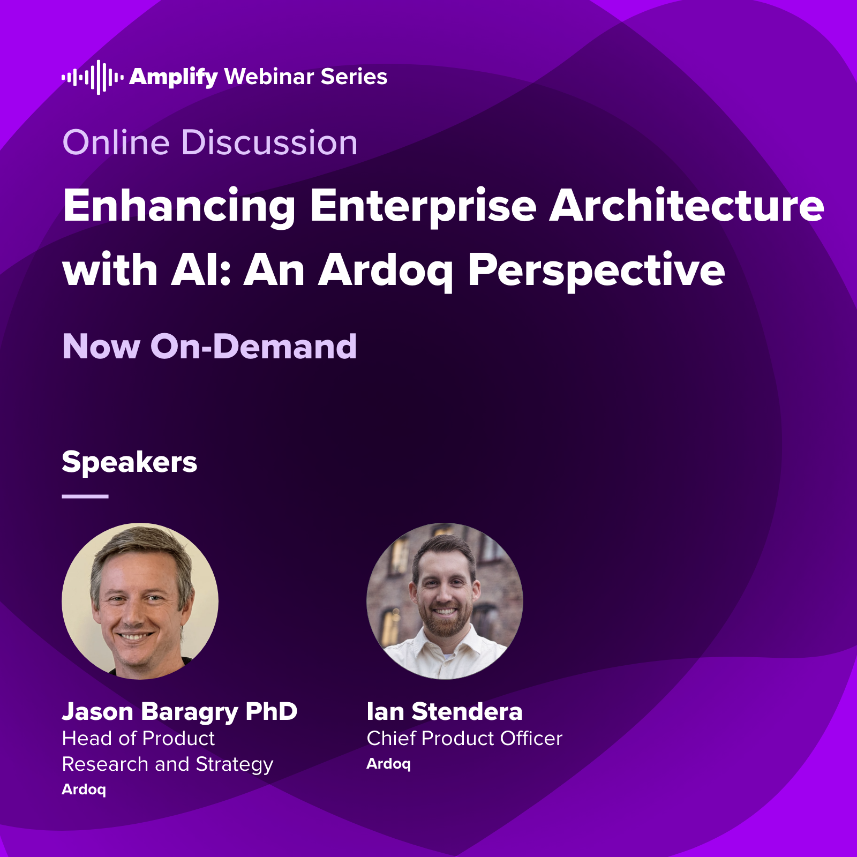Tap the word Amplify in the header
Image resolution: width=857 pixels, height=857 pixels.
pos(174,77)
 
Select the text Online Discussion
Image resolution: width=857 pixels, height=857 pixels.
pos(210,143)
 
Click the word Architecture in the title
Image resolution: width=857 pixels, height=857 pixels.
pos(687,206)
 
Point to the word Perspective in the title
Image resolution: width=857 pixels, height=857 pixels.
pos(596,270)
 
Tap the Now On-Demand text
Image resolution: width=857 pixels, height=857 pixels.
pos(209,347)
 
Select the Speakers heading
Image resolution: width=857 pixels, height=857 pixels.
pos(130,462)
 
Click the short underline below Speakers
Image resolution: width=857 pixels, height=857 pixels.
pos(85,497)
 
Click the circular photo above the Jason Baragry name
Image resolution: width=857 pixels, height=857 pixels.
pos(140,601)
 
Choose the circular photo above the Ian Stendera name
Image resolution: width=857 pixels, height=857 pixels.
pos(445,601)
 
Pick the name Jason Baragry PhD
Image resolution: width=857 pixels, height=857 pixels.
pos(179,712)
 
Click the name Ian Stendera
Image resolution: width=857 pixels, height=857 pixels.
pos(445,712)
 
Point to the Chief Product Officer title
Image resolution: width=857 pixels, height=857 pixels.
pos(464,739)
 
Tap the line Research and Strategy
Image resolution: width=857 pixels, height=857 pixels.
pos(168,764)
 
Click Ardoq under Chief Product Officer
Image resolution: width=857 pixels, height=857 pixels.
pos(388,764)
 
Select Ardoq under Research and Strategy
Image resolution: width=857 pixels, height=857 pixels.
pos(84,790)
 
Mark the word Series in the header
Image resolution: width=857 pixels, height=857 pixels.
pos(354,77)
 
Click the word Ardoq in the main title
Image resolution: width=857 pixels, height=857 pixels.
pos(386,270)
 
